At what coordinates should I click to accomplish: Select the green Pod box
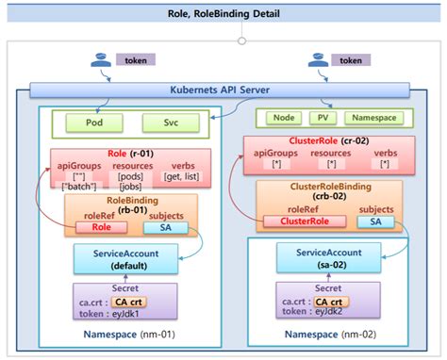pos(93,123)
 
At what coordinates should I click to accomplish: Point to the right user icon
pos(312,61)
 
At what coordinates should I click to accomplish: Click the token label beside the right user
pos(349,60)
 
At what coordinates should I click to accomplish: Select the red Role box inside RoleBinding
pos(100,226)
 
